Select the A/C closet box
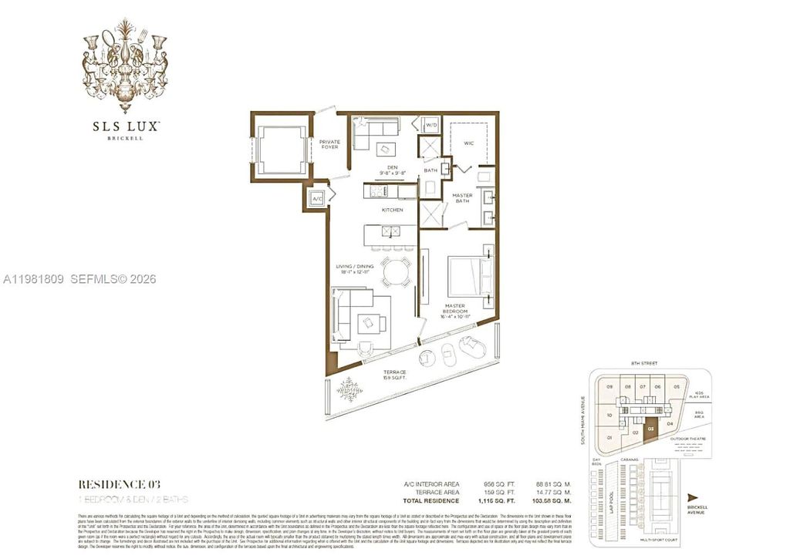click(x=316, y=199)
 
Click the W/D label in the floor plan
click(x=431, y=125)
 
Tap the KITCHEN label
click(x=392, y=210)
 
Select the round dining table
click(x=396, y=272)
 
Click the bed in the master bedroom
click(x=469, y=275)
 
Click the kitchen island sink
click(x=390, y=231)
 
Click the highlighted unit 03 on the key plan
click(x=651, y=429)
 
